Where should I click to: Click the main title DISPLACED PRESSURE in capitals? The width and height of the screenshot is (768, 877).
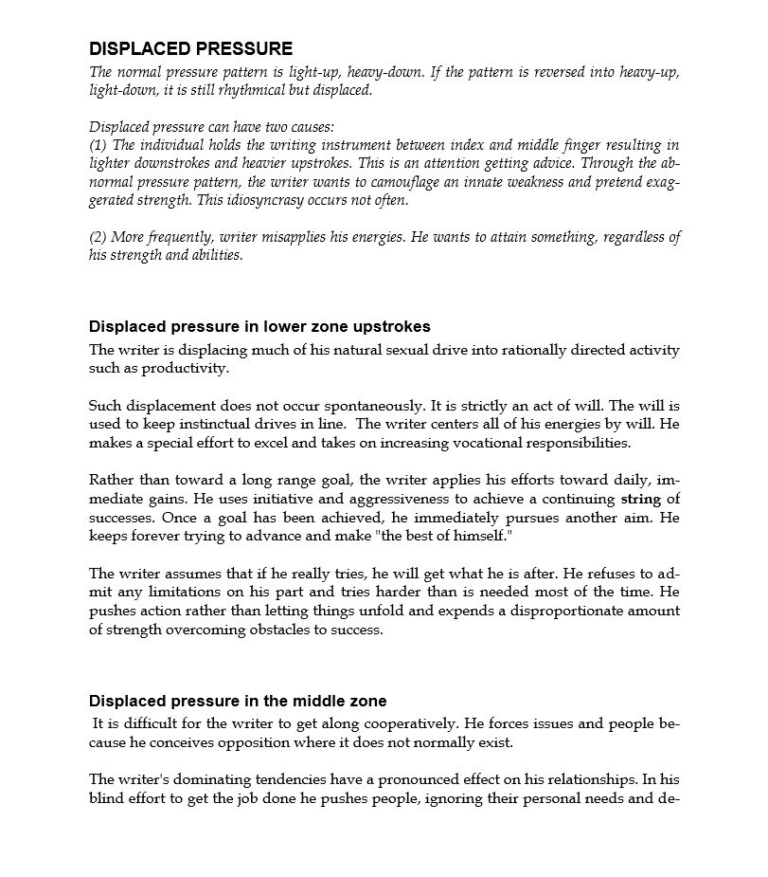pos(190,48)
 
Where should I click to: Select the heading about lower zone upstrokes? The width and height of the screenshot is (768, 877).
pos(259,327)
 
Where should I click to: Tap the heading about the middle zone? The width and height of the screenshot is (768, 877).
pos(238,701)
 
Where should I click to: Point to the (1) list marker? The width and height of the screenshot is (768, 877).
pos(98,145)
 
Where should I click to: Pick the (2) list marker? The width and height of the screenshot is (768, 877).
pos(98,237)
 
